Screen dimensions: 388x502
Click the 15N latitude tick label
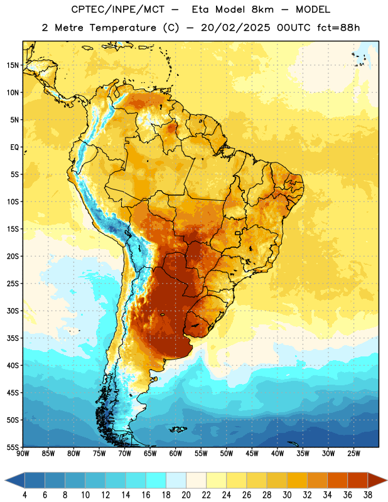click(x=13, y=65)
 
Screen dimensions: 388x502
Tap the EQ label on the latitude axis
click(x=14, y=147)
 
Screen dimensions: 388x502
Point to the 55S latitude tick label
click(x=13, y=447)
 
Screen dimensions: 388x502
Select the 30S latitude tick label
click(x=13, y=311)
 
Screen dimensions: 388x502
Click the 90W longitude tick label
click(x=23, y=454)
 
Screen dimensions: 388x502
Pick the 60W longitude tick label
click(x=176, y=454)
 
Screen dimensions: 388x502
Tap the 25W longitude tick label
click(x=354, y=454)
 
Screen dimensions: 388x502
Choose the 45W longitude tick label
click(x=252, y=454)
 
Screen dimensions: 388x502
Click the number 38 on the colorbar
click(x=368, y=495)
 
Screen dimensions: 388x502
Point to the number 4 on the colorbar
click(x=24, y=495)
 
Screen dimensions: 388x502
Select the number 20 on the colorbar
click(x=186, y=495)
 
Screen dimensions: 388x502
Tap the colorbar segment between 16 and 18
click(x=156, y=480)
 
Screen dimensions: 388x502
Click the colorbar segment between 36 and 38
click(x=358, y=480)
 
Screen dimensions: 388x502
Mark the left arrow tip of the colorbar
click(x=5, y=480)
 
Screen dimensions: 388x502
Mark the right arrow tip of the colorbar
click(x=387, y=480)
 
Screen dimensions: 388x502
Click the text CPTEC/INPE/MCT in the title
click(x=118, y=9)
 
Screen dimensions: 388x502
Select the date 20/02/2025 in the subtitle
click(x=235, y=28)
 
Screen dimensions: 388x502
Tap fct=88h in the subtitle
click(x=338, y=28)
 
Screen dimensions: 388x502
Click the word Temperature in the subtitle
click(x=122, y=28)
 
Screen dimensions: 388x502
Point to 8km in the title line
click(x=262, y=9)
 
